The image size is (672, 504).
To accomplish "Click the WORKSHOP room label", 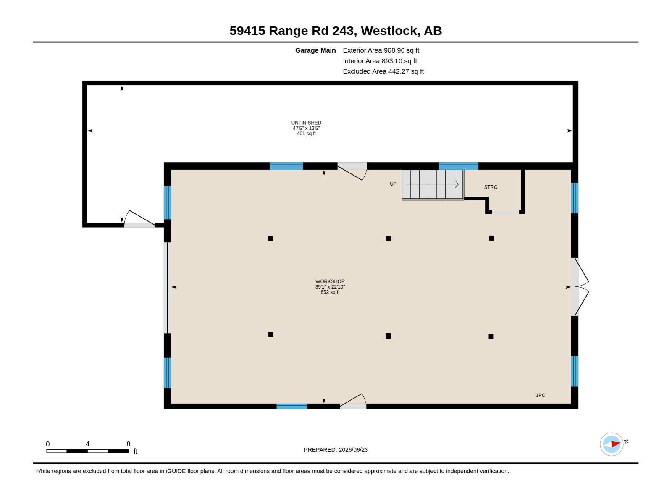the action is click(330, 281).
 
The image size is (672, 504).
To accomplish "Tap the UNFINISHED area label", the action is click(306, 123).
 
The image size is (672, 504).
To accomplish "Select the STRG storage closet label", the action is click(491, 187).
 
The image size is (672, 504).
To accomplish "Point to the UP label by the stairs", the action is click(393, 184).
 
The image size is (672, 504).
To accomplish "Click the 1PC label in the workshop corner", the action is click(541, 395).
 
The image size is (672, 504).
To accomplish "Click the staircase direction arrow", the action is click(432, 184).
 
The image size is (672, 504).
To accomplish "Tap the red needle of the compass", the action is click(615, 444).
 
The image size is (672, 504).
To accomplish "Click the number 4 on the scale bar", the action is click(87, 444).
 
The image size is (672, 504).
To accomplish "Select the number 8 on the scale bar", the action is click(128, 444).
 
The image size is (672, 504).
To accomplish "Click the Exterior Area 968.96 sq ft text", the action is click(381, 50).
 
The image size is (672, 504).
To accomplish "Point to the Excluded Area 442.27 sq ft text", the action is click(383, 71).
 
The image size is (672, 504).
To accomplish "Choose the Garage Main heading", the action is click(315, 50).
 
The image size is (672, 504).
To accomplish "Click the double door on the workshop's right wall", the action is click(580, 287).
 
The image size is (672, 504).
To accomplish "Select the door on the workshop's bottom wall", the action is click(353, 401).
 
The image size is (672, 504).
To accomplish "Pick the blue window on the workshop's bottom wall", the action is click(292, 407).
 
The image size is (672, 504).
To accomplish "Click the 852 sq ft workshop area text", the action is click(330, 292).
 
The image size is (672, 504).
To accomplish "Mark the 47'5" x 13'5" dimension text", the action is click(306, 128).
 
